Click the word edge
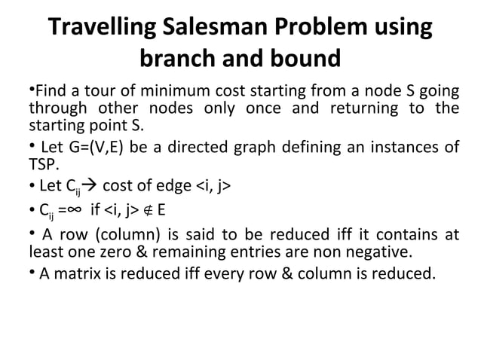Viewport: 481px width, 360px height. [172, 186]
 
